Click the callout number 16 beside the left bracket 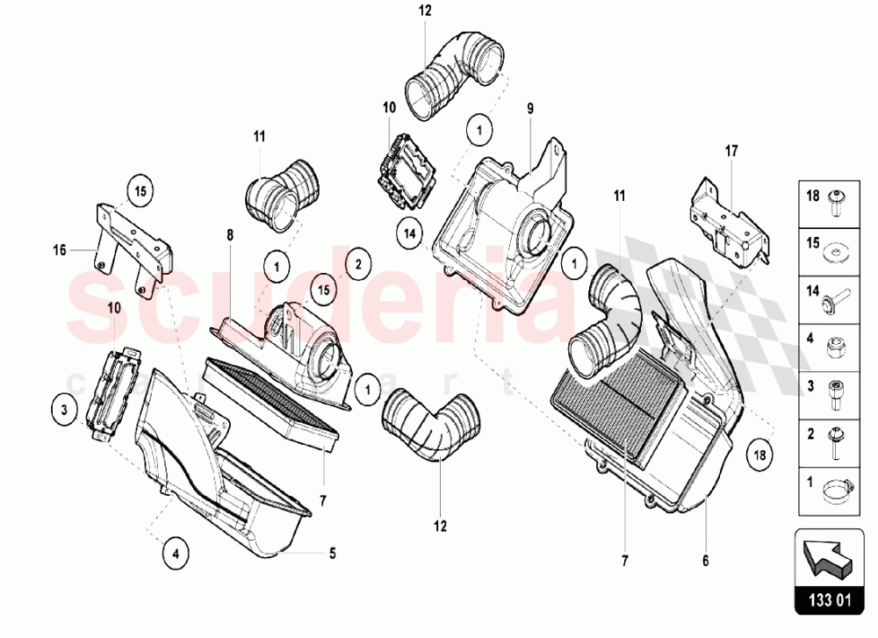[x=60, y=250]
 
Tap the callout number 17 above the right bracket [x=731, y=151]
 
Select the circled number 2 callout [x=358, y=264]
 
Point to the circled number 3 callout [x=64, y=410]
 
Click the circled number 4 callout [x=176, y=554]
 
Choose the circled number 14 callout [x=410, y=233]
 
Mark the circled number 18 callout [x=759, y=455]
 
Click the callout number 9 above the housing [x=530, y=108]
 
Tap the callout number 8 [x=230, y=235]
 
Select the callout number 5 [x=332, y=554]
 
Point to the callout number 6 [x=706, y=560]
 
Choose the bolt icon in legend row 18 [x=836, y=204]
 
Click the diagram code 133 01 [x=830, y=600]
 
